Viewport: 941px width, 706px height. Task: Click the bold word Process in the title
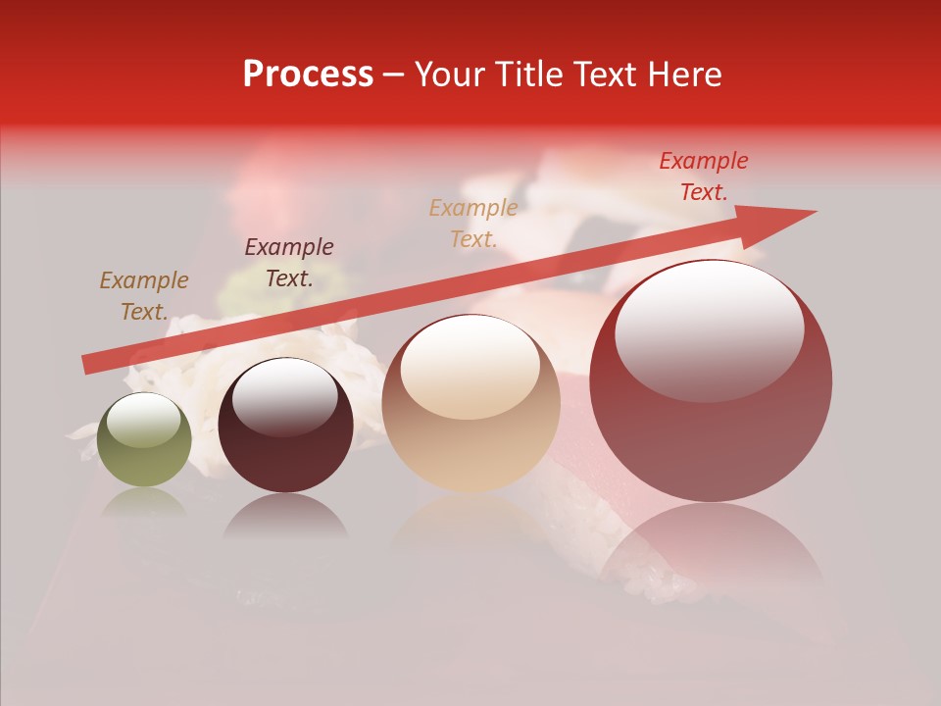coord(308,75)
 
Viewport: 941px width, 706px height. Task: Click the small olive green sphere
coord(145,440)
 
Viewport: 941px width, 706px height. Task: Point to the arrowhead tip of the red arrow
coord(814,211)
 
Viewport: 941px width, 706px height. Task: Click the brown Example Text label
coord(144,296)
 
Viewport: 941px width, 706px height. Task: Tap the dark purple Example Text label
coord(289,263)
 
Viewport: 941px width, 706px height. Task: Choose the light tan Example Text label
coord(473,223)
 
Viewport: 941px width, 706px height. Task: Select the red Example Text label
coord(704,176)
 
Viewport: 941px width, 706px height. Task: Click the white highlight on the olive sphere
coord(146,422)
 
